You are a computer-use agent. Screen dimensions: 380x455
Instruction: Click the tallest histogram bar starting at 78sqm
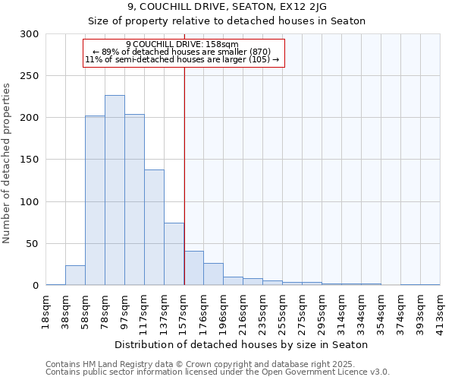(x=115, y=190)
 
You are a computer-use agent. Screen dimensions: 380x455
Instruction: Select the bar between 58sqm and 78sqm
(x=95, y=201)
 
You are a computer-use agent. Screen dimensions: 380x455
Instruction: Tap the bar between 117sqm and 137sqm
(x=154, y=227)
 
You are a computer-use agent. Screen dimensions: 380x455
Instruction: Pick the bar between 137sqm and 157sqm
(x=174, y=254)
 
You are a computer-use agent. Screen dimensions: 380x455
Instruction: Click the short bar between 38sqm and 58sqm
(x=75, y=276)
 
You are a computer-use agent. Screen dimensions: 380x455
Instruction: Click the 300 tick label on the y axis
(x=30, y=34)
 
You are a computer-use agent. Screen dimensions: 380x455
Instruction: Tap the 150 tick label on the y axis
(x=30, y=160)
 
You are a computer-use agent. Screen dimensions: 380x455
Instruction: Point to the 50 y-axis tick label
(x=33, y=244)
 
